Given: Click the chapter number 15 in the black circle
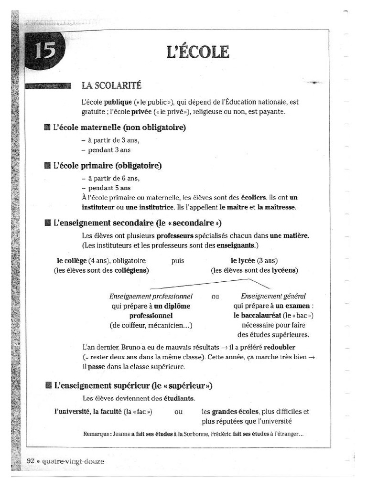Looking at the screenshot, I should pyautogui.click(x=44, y=51).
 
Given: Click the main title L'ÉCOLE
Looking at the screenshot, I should pyautogui.click(x=198, y=52).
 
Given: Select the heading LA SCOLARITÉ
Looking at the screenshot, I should pyautogui.click(x=111, y=85).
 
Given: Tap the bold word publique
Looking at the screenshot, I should pyautogui.click(x=118, y=102).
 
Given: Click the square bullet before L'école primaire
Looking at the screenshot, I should pyautogui.click(x=47, y=166).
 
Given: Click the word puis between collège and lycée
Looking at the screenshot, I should pyautogui.click(x=177, y=261).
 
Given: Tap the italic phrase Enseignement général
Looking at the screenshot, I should pyautogui.click(x=273, y=296).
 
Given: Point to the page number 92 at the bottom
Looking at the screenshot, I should pyautogui.click(x=31, y=461).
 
